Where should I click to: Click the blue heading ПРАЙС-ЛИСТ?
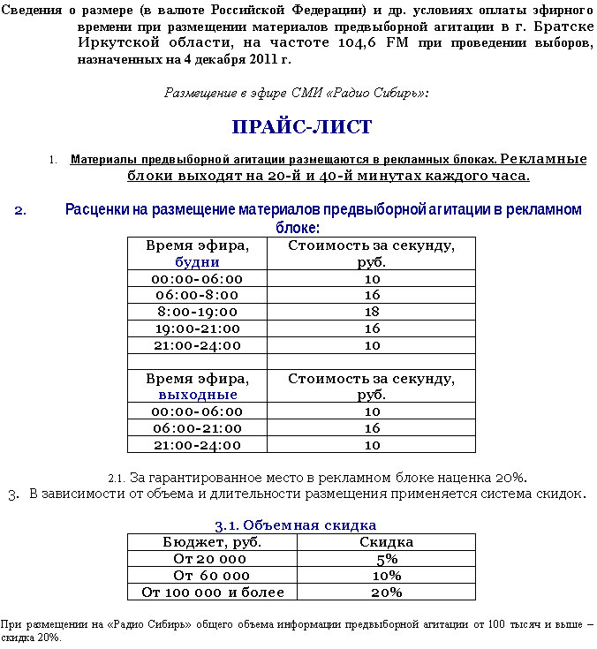(302, 127)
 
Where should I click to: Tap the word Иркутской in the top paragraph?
(116, 43)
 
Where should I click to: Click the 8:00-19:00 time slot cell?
(197, 312)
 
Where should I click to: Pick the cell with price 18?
(372, 312)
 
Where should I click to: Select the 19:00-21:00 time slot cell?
(197, 328)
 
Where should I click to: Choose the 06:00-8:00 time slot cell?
(197, 295)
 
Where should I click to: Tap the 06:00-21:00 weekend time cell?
(197, 428)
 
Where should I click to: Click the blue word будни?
(197, 262)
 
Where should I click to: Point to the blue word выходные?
(197, 395)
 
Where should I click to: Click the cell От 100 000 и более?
(213, 592)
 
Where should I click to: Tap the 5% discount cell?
(387, 559)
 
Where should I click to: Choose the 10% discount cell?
(387, 576)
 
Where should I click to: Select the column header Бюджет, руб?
(212, 542)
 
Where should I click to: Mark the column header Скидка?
(387, 542)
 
